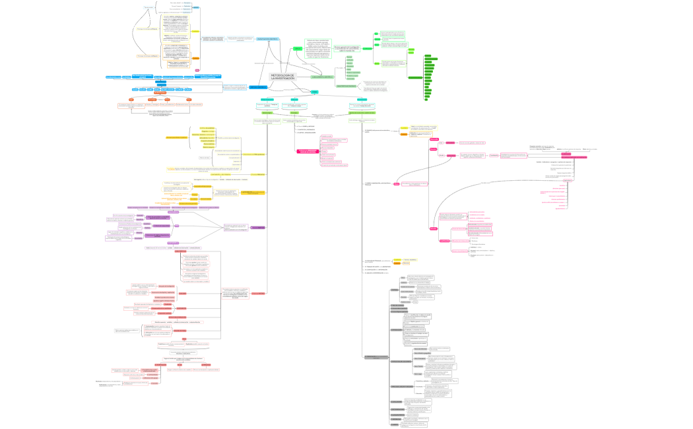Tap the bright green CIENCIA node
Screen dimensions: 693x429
pos(298,49)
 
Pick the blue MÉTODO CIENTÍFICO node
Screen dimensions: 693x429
pos(258,87)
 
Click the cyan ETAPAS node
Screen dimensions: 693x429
pos(315,92)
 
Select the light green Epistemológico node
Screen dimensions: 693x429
pos(267,113)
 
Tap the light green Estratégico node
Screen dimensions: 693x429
pos(294,113)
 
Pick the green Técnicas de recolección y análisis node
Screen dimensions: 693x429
pos(362,113)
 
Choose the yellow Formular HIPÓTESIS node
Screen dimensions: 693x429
pos(261,174)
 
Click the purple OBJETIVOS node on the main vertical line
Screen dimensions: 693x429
pos(257,228)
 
